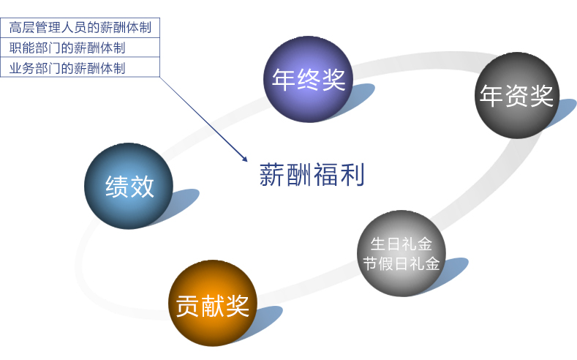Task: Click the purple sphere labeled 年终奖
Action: click(309, 79)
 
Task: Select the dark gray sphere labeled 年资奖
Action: click(517, 95)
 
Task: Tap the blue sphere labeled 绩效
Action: click(129, 186)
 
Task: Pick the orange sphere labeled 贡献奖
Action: click(213, 303)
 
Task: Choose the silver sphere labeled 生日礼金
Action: click(401, 254)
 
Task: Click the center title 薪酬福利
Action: click(312, 174)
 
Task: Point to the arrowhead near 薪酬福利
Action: click(244, 158)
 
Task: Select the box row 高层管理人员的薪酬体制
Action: click(80, 28)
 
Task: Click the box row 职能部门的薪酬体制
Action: click(80, 48)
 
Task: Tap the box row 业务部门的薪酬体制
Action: click(80, 67)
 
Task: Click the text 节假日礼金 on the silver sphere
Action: click(401, 263)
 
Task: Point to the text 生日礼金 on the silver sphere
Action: click(401, 244)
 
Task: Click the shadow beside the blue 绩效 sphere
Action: click(181, 203)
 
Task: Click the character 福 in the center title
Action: click(325, 174)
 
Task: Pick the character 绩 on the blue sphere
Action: click(117, 187)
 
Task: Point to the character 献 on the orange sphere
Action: click(213, 306)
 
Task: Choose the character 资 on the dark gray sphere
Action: click(517, 96)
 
